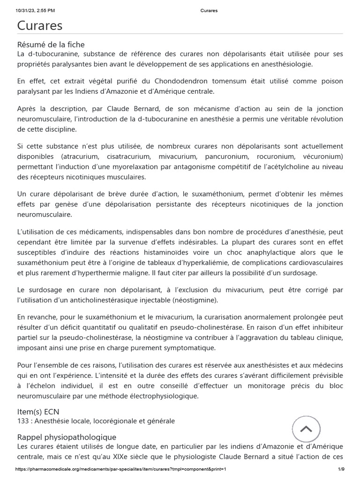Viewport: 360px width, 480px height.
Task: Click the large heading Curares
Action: pos(40,26)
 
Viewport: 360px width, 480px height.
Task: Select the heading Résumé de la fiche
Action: pos(51,45)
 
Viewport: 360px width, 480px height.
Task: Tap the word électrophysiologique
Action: pos(165,396)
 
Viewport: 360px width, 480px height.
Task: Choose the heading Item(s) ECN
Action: pos(38,412)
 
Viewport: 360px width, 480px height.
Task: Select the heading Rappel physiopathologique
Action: pos(67,437)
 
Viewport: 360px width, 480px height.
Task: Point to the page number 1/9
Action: pos(341,469)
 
